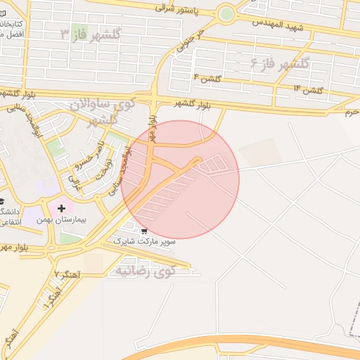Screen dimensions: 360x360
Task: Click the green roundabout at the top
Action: click(226, 13)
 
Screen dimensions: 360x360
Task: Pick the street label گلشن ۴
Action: click(207, 79)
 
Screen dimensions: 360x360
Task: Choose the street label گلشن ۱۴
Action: click(309, 90)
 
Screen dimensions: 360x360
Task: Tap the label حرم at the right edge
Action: click(352, 111)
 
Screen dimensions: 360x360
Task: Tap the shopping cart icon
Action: click(144, 231)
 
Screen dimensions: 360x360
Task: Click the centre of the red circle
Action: click(180, 179)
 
